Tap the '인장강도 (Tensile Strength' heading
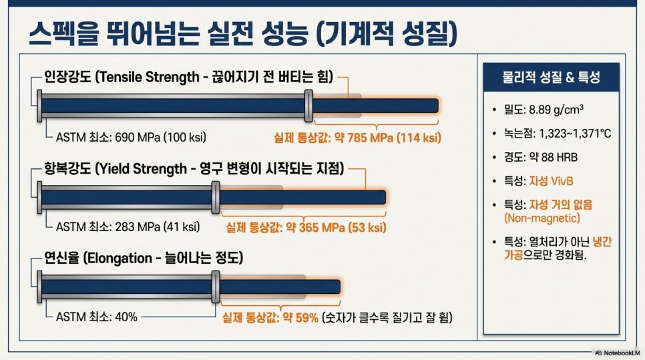tap(122, 77)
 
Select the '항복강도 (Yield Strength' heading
tap(116, 169)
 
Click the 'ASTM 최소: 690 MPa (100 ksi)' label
tap(131, 137)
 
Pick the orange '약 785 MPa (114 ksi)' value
tap(387, 138)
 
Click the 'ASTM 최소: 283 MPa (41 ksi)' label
tap(128, 226)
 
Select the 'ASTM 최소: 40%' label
tap(97, 317)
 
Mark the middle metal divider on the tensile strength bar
tap(308, 106)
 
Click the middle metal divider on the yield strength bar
tap(216, 198)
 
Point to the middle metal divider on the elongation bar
tap(216, 287)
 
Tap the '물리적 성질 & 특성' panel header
tap(552, 77)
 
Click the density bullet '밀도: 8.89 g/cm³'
tap(544, 110)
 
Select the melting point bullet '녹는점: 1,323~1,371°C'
tap(558, 134)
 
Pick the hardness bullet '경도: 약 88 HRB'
tap(541, 157)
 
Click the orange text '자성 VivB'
tap(551, 181)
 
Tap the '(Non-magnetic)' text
tap(542, 218)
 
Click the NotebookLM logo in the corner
tap(618, 353)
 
